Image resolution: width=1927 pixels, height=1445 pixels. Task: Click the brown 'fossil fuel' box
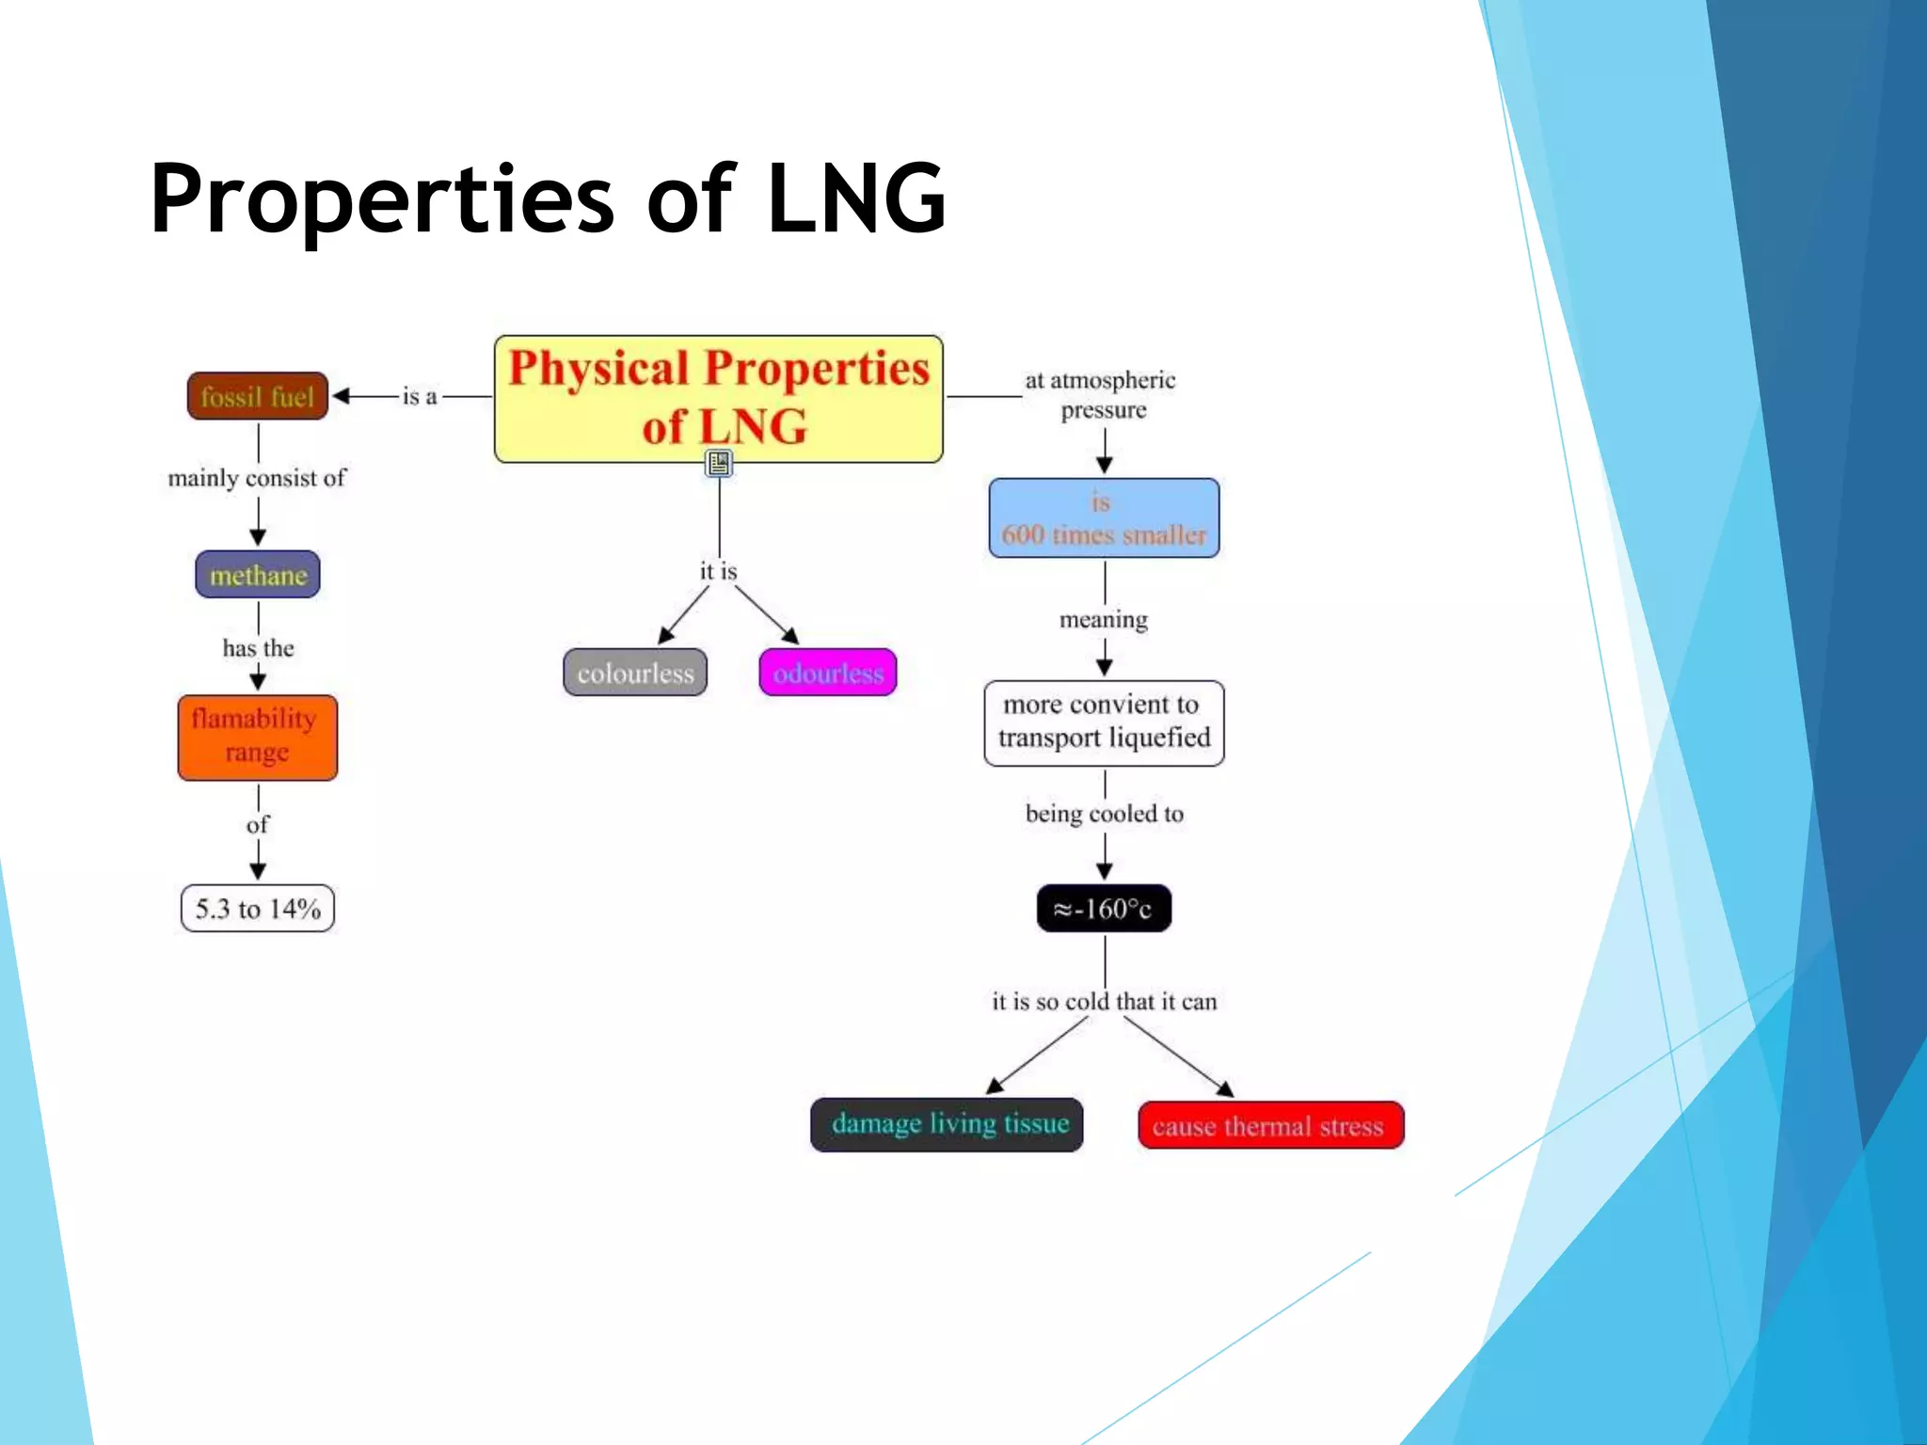click(x=257, y=396)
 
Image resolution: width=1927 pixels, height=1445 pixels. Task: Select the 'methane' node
click(x=258, y=575)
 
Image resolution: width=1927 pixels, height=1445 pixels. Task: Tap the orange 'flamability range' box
click(x=257, y=737)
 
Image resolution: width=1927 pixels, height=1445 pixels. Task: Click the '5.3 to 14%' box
click(x=257, y=909)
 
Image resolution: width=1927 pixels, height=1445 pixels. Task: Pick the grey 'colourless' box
click(x=635, y=673)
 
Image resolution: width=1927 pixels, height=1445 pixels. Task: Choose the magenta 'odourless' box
click(x=828, y=673)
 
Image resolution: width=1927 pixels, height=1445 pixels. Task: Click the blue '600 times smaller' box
click(x=1104, y=518)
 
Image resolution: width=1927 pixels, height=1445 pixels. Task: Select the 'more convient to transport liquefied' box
click(x=1104, y=722)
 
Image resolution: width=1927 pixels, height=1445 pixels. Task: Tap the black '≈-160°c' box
click(x=1104, y=909)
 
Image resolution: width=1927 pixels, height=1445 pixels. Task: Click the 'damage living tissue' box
click(x=947, y=1124)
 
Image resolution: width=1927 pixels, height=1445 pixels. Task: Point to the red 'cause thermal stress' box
click(x=1270, y=1125)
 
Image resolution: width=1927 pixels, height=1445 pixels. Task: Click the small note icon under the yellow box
click(x=719, y=463)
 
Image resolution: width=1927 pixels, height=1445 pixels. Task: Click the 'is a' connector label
click(x=420, y=397)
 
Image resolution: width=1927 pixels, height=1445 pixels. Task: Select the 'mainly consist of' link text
click(x=257, y=478)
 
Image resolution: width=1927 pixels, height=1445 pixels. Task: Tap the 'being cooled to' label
click(x=1104, y=814)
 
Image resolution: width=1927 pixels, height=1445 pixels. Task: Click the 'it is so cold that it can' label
click(x=1104, y=1001)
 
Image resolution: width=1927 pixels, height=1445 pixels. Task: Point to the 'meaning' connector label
click(x=1104, y=620)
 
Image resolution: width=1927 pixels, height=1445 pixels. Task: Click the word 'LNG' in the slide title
click(x=854, y=199)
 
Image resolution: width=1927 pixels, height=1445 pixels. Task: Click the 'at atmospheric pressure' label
click(x=1101, y=395)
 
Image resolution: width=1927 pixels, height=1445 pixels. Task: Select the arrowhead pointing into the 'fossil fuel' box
click(x=342, y=396)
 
